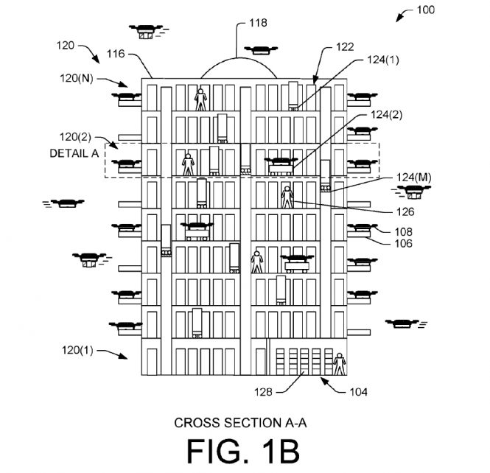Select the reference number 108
pos(384,231)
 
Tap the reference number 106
pos(384,243)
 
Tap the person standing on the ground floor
pos(339,364)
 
